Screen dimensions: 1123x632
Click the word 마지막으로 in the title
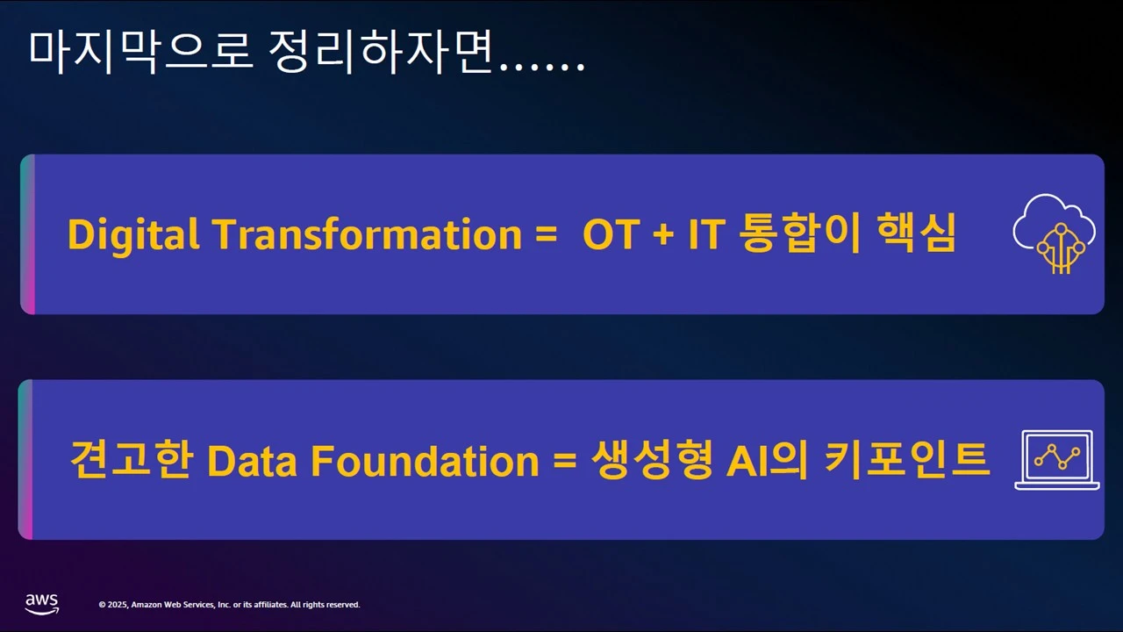point(140,52)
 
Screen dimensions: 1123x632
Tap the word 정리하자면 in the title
point(380,52)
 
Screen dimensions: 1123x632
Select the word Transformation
point(368,233)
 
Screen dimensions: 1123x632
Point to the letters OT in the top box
point(612,234)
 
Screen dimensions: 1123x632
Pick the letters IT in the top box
point(707,234)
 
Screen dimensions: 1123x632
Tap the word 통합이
point(799,233)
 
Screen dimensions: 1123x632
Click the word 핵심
point(917,232)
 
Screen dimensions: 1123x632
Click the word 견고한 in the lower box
point(132,459)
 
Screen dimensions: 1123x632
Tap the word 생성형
point(652,459)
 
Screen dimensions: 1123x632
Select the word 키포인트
point(907,459)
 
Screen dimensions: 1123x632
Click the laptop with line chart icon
point(1057,460)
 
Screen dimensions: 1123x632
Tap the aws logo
point(42,604)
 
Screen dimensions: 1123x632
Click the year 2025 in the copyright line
point(118,605)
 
